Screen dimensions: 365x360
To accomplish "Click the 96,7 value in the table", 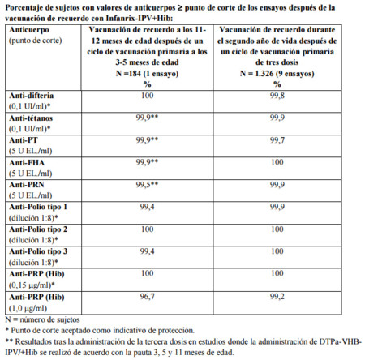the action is (x=147, y=297).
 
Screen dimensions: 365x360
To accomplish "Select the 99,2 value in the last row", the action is (x=277, y=297).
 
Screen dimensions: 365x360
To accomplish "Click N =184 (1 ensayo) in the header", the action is (x=147, y=70).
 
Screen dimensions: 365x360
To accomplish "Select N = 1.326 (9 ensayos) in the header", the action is (x=277, y=70).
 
